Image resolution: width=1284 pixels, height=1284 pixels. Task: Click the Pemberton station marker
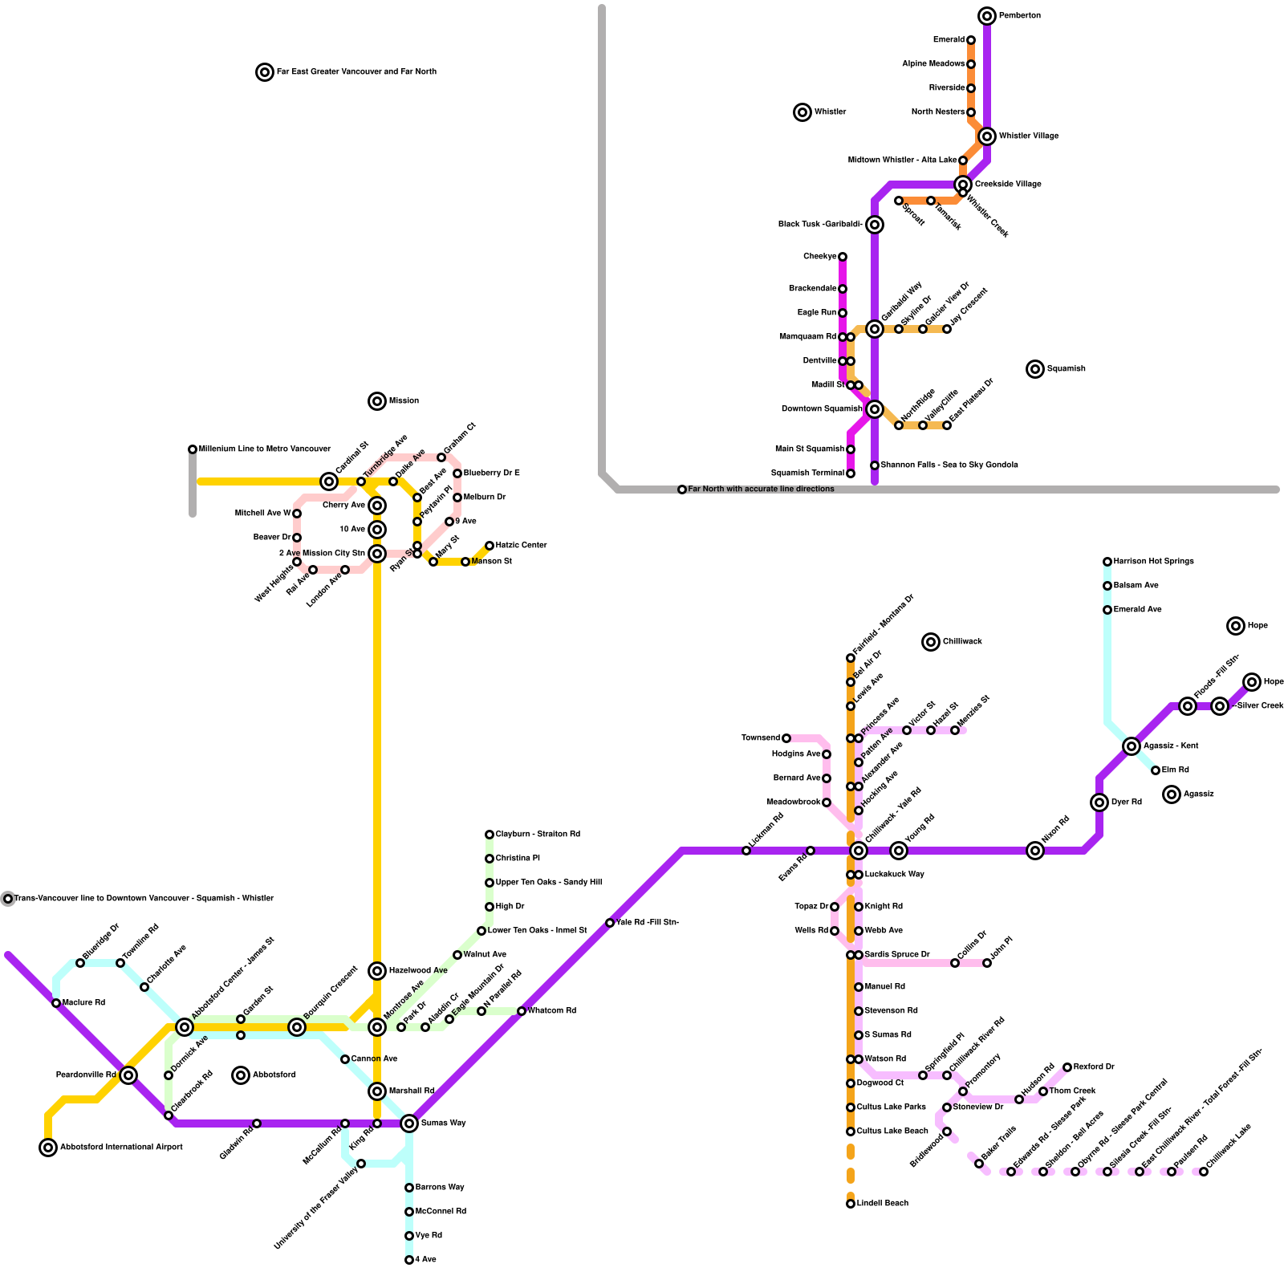tap(987, 16)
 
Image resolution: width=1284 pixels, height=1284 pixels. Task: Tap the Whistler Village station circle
tap(987, 136)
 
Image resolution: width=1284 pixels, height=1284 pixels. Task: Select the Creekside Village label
tap(1008, 185)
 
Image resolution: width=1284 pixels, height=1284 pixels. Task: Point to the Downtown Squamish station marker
tap(875, 409)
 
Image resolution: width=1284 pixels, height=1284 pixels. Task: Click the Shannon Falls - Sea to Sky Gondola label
tap(949, 465)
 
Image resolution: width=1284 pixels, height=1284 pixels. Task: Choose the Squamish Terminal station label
tap(807, 473)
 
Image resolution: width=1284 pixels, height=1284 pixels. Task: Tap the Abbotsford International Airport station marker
tap(48, 1148)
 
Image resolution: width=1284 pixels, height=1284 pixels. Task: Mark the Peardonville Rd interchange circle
tap(128, 1075)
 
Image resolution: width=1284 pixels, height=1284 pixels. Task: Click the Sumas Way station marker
tap(409, 1123)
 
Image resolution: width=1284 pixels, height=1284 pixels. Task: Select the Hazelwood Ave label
tap(418, 971)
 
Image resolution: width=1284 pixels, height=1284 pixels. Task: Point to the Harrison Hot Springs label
tap(1153, 562)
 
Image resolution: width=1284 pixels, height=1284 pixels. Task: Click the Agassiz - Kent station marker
tap(1132, 746)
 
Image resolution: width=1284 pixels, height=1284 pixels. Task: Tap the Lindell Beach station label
tap(883, 1204)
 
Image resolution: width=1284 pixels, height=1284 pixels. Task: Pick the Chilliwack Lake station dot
tap(1204, 1172)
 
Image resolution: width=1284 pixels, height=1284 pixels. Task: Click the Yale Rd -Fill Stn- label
tap(648, 923)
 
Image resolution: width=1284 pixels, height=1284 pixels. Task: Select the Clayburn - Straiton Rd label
tap(538, 835)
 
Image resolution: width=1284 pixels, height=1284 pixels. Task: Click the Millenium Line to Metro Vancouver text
tap(265, 449)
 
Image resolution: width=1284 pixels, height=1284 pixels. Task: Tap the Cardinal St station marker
tap(329, 481)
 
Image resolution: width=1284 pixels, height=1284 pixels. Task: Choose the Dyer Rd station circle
tap(1099, 802)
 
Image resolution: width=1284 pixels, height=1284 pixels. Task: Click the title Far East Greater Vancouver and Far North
tap(356, 72)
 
